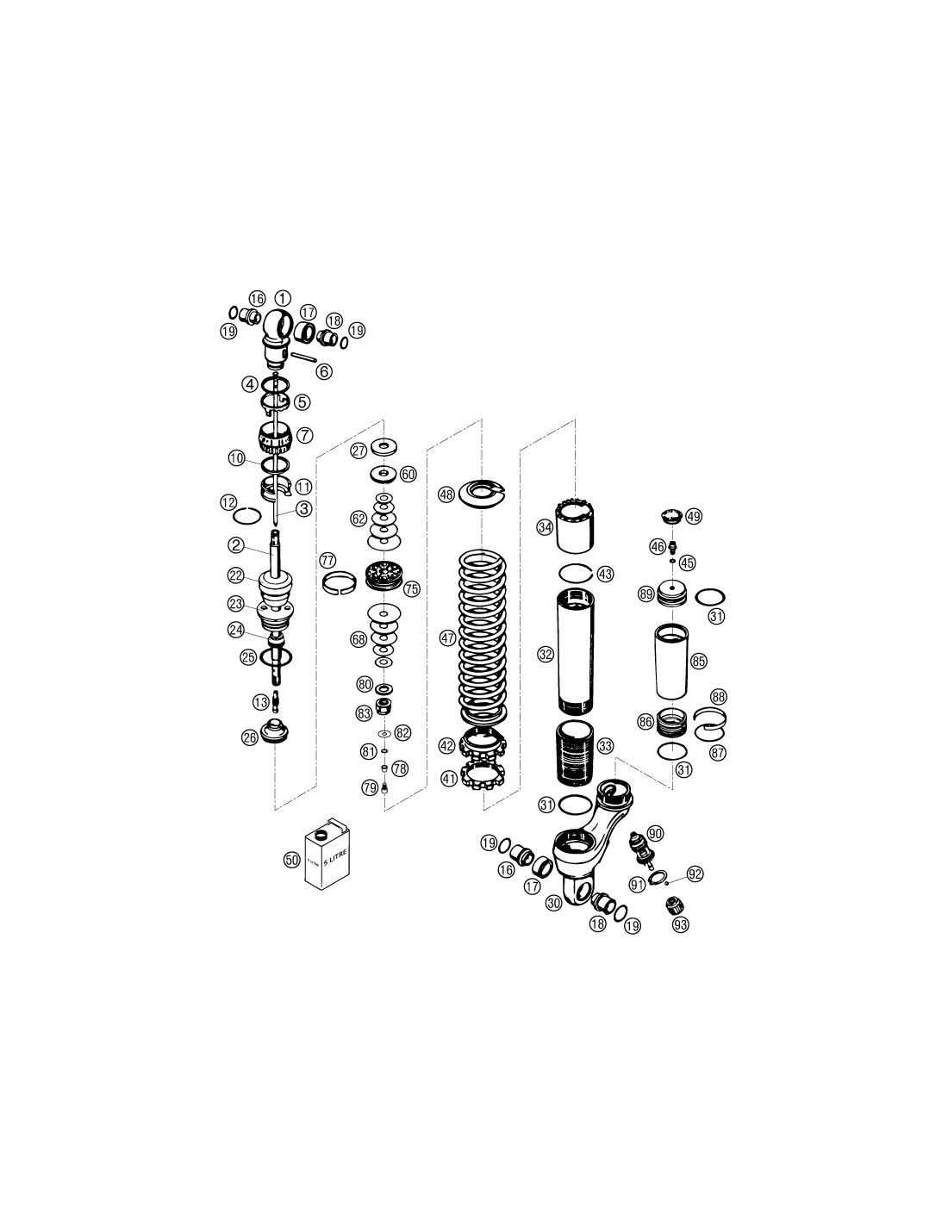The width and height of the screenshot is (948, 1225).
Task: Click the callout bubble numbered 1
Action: (282, 298)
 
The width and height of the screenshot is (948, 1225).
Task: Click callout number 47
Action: (448, 638)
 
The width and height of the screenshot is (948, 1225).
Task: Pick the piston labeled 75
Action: (386, 576)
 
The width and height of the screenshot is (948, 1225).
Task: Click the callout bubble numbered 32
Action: (546, 654)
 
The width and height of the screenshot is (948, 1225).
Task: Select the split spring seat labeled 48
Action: (482, 494)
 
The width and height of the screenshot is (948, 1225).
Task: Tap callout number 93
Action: (681, 924)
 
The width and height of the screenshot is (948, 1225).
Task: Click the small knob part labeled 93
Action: (675, 905)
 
